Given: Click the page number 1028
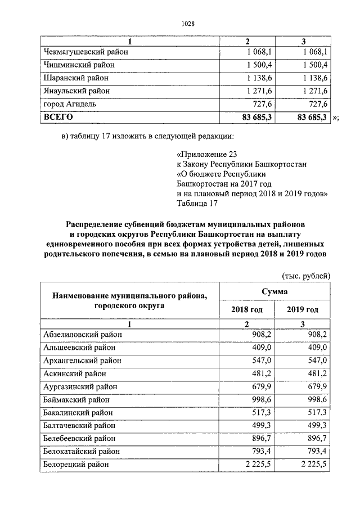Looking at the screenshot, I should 188,23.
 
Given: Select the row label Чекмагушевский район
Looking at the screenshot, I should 87,52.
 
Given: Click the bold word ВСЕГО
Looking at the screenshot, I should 58,117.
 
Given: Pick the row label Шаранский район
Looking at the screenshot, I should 76,78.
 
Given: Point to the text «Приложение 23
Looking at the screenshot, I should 203,154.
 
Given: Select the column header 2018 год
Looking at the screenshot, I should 246,310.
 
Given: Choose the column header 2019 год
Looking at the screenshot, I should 303,310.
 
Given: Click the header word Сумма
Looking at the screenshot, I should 274,291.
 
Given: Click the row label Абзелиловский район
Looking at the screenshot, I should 83,335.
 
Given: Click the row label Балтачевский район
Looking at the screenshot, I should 79,425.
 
